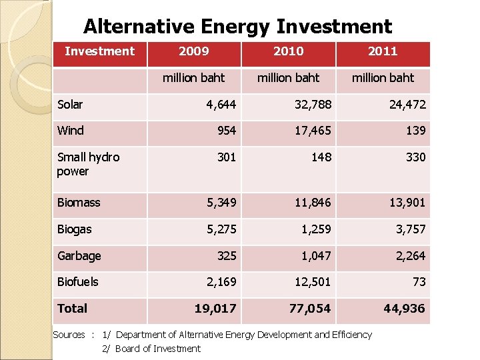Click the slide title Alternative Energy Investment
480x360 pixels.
tap(237, 27)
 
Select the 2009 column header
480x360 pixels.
tap(194, 51)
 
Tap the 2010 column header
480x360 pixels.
tap(288, 51)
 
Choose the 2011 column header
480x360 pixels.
tap(383, 51)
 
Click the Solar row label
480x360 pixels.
tap(70, 105)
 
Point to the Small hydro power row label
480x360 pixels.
tap(88, 164)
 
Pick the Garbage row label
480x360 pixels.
tap(79, 256)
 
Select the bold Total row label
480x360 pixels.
tap(72, 309)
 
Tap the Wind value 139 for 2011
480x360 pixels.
tap(415, 131)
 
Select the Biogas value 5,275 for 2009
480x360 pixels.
tap(221, 229)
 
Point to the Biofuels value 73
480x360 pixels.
tap(419, 282)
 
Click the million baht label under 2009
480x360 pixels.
tap(194, 78)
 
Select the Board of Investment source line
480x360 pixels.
tap(157, 349)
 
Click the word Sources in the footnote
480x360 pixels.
tap(69, 335)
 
